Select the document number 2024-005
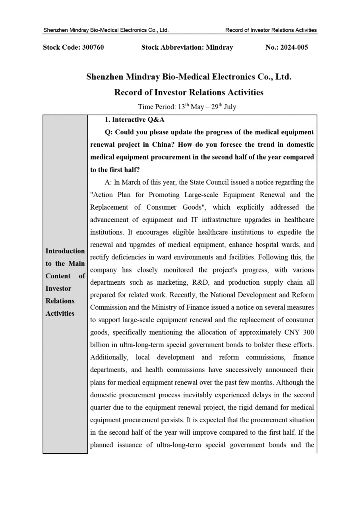(x=294, y=47)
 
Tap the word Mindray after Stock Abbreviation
(x=219, y=47)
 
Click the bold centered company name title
(x=189, y=77)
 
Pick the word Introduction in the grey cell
(x=65, y=251)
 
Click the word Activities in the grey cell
(x=60, y=313)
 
